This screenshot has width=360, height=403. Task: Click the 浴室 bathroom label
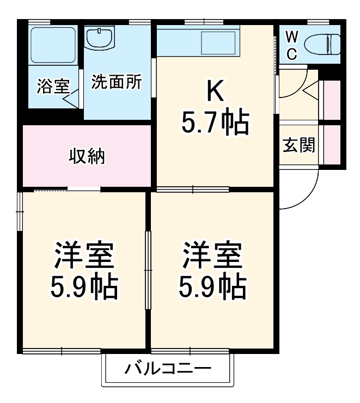click(x=53, y=86)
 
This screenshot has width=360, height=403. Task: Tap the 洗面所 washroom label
click(x=116, y=82)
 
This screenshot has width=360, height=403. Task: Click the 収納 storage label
click(x=86, y=156)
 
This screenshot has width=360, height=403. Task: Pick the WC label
click(x=292, y=45)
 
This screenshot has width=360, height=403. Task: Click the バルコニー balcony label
click(x=168, y=370)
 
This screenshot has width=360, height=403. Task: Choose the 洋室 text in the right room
click(x=212, y=255)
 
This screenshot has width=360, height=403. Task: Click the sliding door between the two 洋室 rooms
click(x=147, y=271)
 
